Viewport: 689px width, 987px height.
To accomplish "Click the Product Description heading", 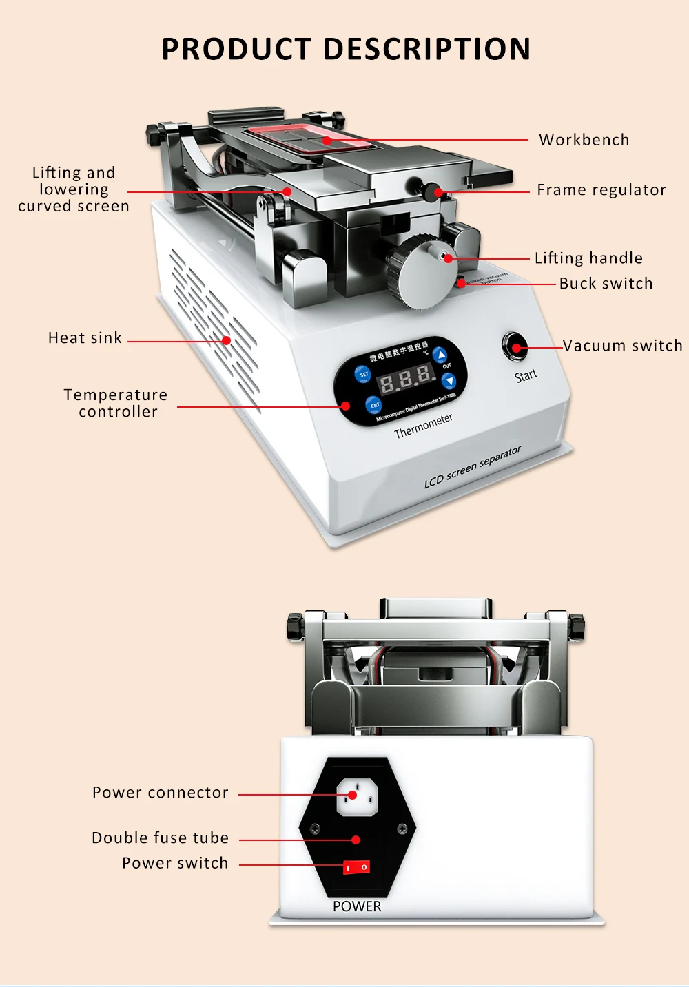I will tap(346, 49).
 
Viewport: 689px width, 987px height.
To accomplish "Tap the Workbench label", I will tap(584, 140).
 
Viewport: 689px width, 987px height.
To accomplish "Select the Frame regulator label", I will tap(601, 190).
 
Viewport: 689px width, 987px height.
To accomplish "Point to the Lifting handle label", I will tap(588, 258).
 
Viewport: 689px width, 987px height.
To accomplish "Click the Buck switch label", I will tap(606, 284).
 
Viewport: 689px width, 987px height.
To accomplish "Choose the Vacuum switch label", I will tap(622, 346).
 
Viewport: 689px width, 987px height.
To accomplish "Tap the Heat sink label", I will tap(85, 338).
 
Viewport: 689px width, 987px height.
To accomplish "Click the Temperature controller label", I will tap(116, 404).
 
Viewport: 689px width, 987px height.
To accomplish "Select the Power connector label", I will tap(160, 793).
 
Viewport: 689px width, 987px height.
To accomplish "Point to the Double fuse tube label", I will tap(160, 838).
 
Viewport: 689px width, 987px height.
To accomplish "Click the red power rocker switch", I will tap(356, 866).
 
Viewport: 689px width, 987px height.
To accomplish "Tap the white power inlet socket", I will tap(356, 796).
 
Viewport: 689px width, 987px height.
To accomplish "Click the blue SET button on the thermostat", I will tap(363, 375).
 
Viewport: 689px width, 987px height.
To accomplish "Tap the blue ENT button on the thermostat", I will tap(374, 405).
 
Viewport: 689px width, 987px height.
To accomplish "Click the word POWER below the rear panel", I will tap(357, 906).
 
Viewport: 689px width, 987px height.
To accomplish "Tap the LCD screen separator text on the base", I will tap(473, 467).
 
